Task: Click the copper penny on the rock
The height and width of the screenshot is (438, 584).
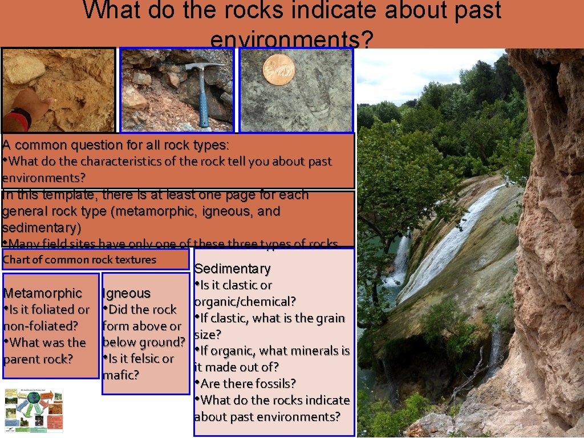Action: [279, 70]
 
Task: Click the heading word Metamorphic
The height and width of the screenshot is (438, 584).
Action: [43, 293]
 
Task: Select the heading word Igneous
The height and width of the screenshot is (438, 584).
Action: [126, 293]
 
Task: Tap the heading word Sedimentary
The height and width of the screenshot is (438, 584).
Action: [232, 269]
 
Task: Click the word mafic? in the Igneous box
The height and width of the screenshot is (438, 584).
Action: [121, 375]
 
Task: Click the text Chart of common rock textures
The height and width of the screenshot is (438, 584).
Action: [79, 259]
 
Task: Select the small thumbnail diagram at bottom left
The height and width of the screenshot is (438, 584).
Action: [34, 410]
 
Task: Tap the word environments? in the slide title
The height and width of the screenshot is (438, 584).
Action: [292, 40]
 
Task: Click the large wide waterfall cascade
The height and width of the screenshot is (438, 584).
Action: [451, 245]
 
